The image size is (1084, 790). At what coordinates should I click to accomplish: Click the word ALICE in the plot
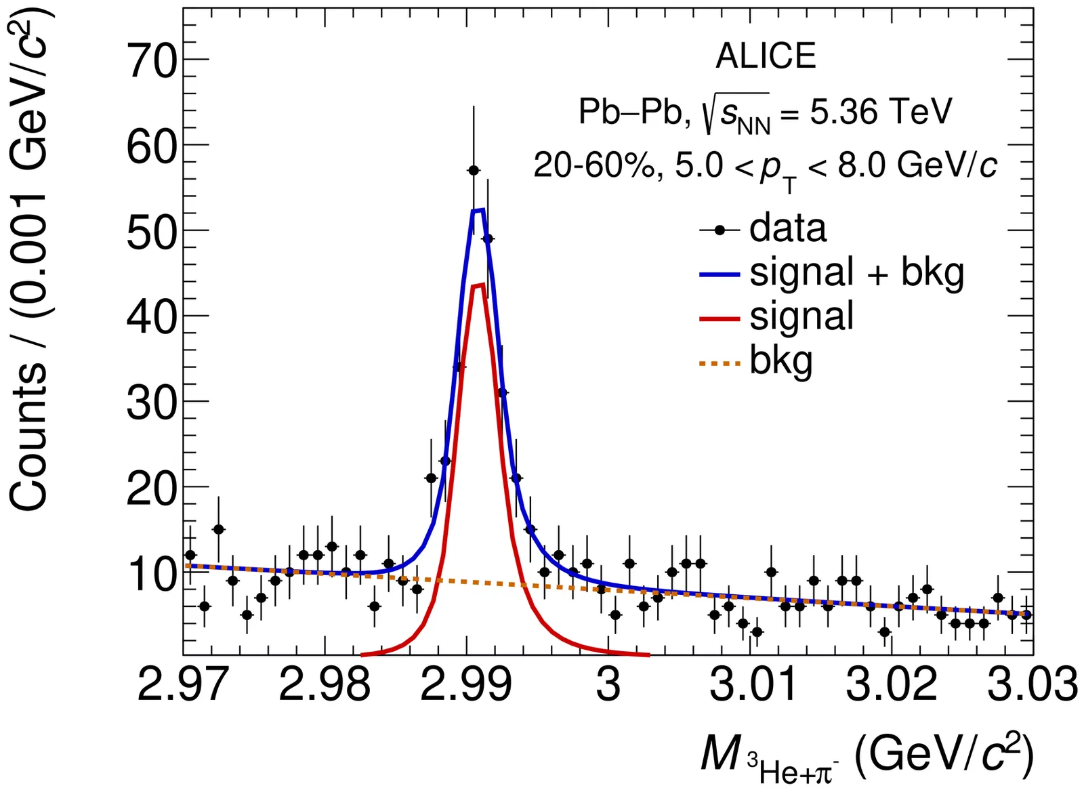(x=766, y=56)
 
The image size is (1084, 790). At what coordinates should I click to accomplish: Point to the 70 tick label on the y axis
(x=152, y=61)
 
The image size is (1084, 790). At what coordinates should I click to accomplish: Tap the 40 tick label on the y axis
(x=152, y=316)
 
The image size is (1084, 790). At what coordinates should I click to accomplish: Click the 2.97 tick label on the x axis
(x=183, y=684)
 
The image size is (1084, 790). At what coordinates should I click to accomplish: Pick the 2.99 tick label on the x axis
(x=466, y=684)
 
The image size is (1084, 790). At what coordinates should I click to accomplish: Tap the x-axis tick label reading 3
(x=608, y=684)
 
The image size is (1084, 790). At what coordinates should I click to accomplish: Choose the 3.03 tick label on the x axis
(x=1031, y=684)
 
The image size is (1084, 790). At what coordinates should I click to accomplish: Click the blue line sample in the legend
(x=720, y=274)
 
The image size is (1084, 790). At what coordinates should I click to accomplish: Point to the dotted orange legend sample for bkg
(x=720, y=364)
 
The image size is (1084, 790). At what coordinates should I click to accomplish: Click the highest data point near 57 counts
(x=474, y=170)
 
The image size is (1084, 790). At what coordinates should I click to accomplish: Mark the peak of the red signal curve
(x=478, y=285)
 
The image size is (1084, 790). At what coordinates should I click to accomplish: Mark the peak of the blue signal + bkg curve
(x=478, y=210)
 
